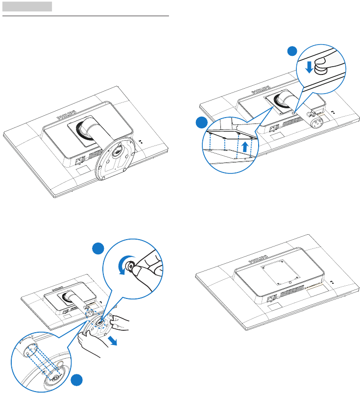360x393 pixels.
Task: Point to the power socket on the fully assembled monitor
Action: point(79,160)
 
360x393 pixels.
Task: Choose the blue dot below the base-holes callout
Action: point(76,382)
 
